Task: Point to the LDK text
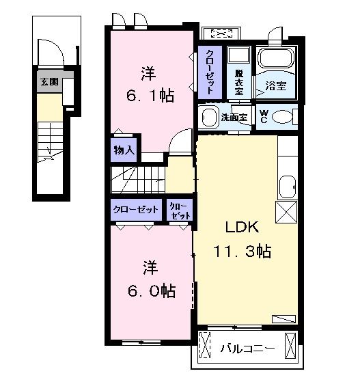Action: [x=238, y=227]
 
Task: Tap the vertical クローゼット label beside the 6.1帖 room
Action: [x=209, y=72]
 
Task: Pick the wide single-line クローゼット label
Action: [x=136, y=210]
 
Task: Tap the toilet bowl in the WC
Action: [x=286, y=117]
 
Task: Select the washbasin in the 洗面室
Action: [x=208, y=117]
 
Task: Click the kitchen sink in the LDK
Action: [x=288, y=185]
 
